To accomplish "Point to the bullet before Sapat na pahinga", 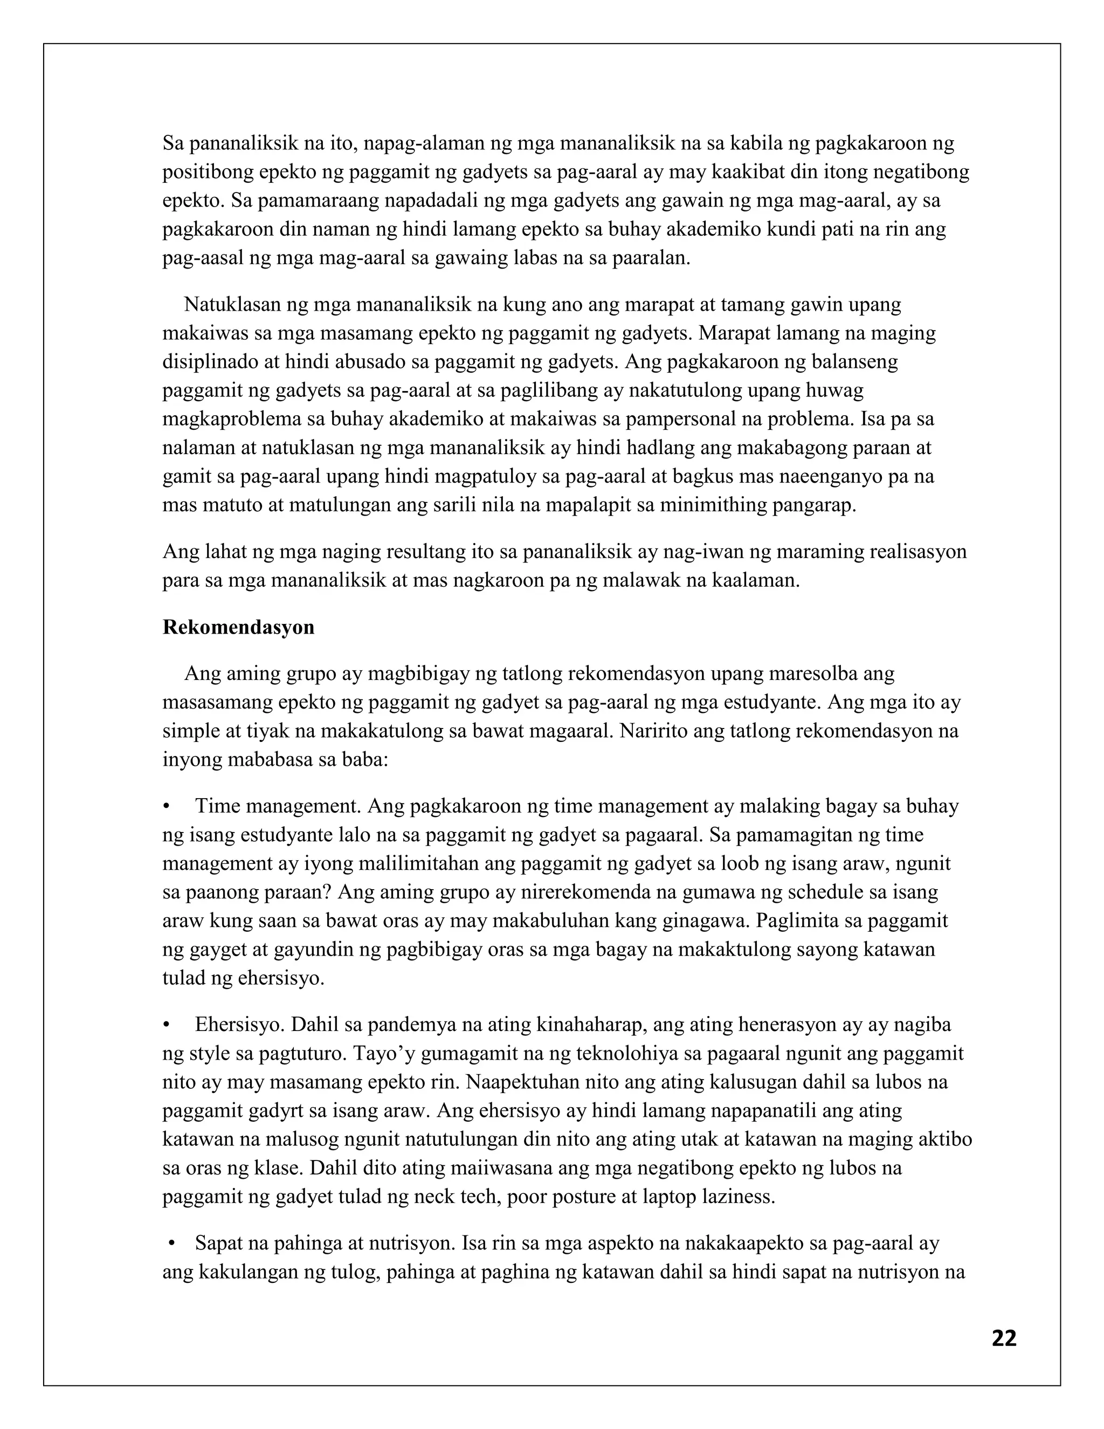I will pyautogui.click(x=172, y=1243).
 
